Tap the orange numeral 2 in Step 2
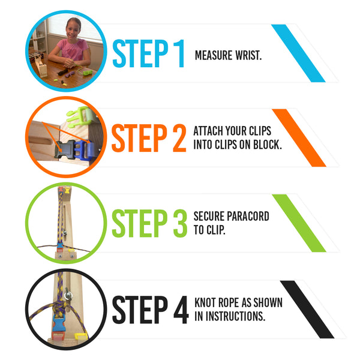pos(179,138)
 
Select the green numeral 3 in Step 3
pos(180,223)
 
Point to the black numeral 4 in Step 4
pos(181,310)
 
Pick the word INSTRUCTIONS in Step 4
pos(236,316)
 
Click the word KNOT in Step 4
pos(205,302)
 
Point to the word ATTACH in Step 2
pos(208,131)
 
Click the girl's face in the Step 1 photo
pos(73,29)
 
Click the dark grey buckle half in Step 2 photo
pos(65,149)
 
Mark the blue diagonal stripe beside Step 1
pos(298,53)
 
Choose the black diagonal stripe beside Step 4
pos(307,310)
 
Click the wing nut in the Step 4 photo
pos(68,295)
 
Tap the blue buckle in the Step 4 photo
pos(59,323)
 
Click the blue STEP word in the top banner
pos(140,53)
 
